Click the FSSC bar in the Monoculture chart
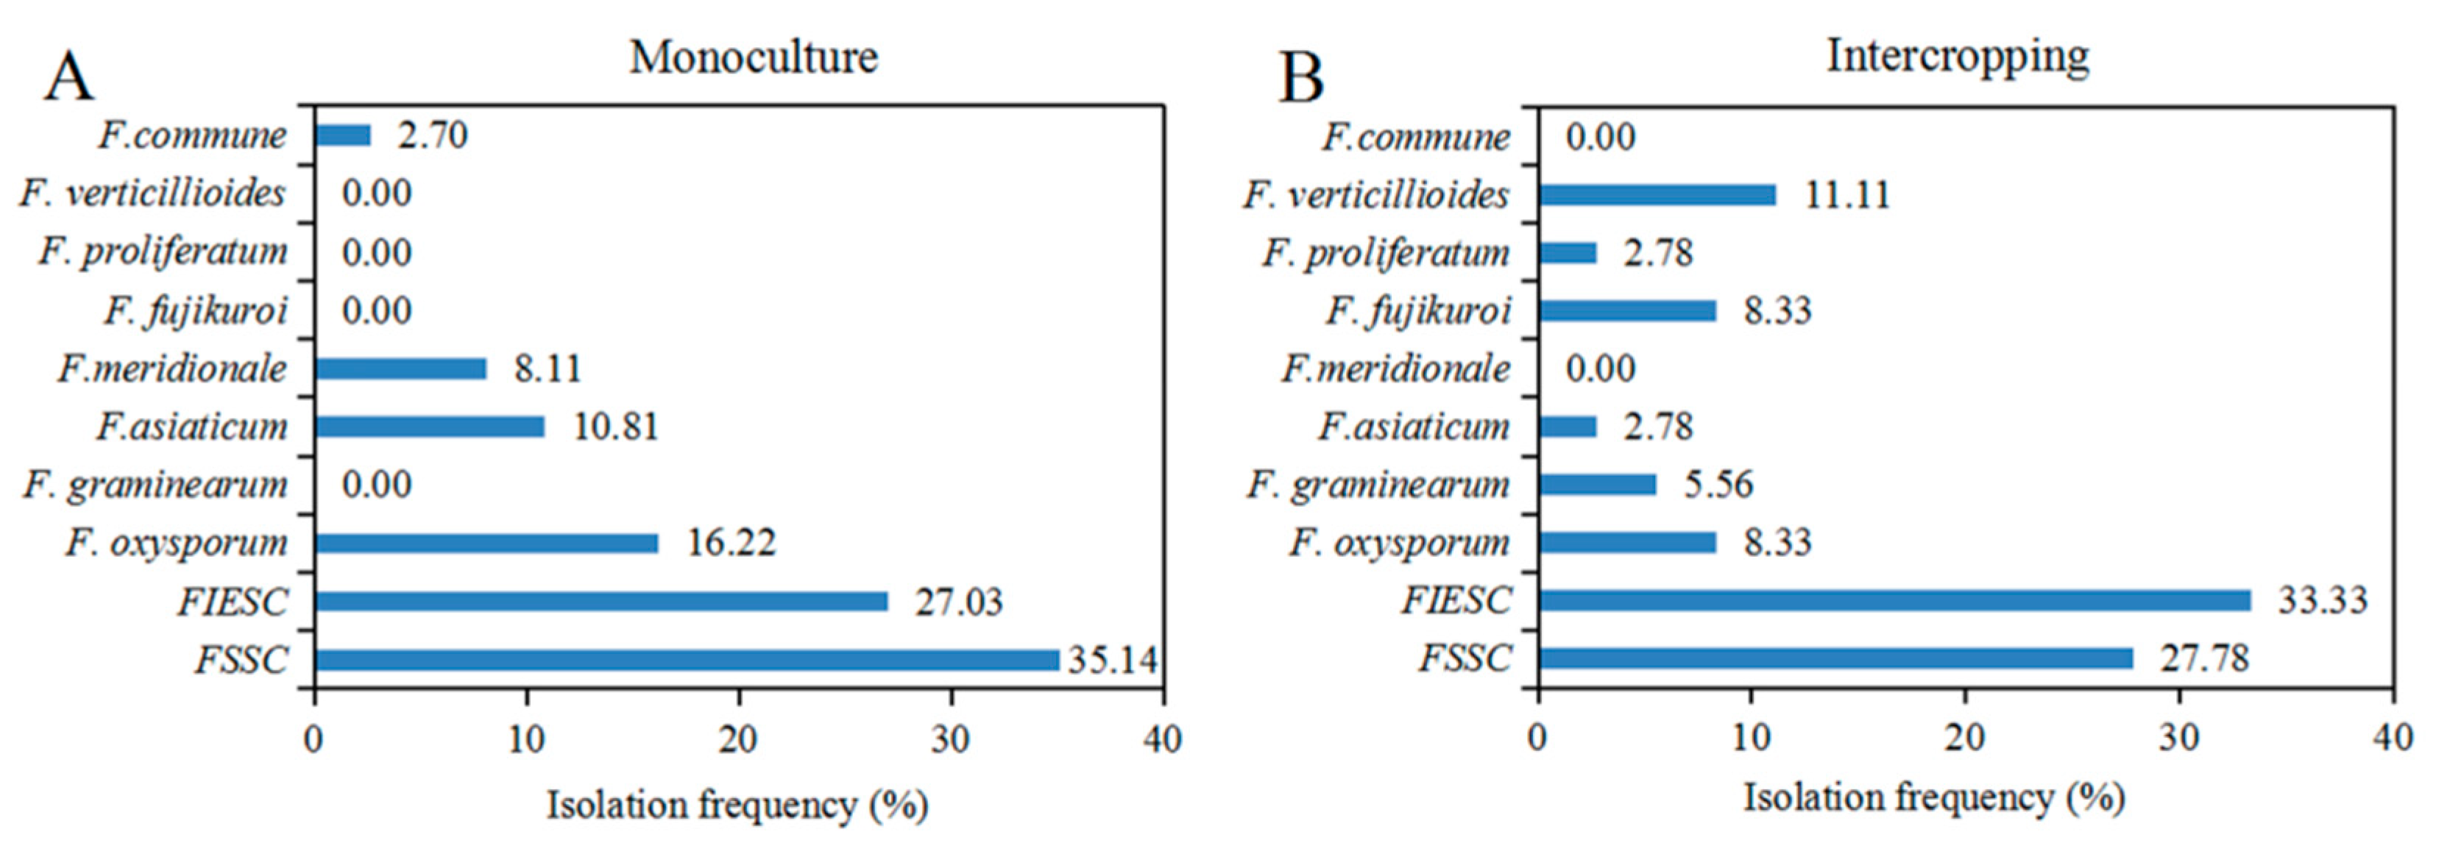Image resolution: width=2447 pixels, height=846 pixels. tap(686, 660)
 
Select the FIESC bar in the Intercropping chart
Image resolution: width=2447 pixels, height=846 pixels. tap(1894, 600)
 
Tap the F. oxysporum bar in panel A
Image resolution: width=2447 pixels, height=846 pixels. tap(486, 543)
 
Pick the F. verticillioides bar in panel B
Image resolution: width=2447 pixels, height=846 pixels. tap(1657, 195)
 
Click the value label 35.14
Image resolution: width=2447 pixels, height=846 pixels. tap(1112, 659)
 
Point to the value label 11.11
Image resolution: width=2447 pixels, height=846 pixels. tap(1846, 195)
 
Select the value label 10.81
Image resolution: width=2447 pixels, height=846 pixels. tap(615, 427)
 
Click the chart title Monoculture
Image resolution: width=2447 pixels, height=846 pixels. tap(754, 57)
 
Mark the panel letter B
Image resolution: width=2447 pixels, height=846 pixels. tap(1300, 78)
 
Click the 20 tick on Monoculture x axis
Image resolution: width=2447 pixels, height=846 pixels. tap(738, 739)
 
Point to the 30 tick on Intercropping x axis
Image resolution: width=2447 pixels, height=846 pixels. tap(2178, 738)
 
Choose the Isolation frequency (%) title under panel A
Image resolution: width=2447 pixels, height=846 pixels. tap(737, 806)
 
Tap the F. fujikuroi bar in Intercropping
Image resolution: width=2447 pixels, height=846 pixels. tap(1627, 310)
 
